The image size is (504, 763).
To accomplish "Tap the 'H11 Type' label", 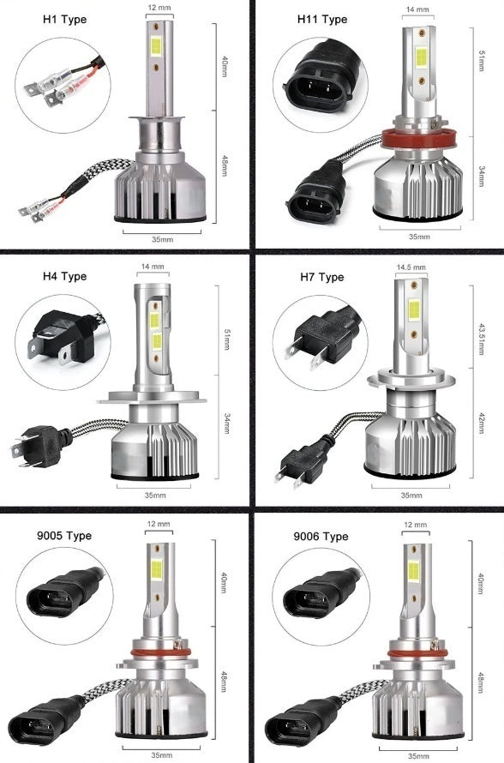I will (321, 20).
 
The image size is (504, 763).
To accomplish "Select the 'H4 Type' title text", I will (64, 277).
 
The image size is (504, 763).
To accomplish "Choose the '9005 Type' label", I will (66, 536).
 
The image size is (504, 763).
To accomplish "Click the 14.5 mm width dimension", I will (412, 267).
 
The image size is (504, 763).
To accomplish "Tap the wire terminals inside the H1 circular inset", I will (56, 86).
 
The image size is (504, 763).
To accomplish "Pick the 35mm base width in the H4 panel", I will (155, 495).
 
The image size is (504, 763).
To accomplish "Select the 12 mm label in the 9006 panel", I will (414, 524).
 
